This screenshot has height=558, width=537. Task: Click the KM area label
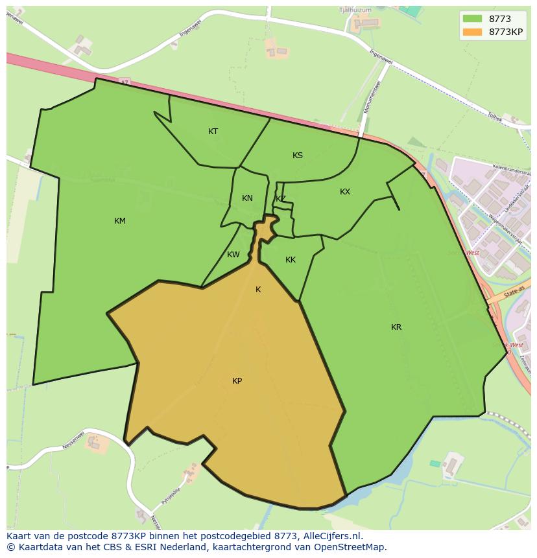coord(120,221)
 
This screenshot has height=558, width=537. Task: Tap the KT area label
coord(213,132)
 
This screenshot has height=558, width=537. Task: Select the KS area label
coord(298,156)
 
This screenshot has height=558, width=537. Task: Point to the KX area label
coord(345,192)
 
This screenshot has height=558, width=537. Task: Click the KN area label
coord(247,198)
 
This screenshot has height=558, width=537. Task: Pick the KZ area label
coord(281,199)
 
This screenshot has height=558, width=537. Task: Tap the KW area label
coord(233,255)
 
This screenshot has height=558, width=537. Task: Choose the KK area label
coord(291,260)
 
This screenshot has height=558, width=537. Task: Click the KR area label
coord(396,327)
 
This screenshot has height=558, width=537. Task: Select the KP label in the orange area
coord(237,381)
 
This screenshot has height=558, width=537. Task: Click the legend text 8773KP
coord(506,32)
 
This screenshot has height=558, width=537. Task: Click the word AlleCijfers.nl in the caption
coord(333,537)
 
